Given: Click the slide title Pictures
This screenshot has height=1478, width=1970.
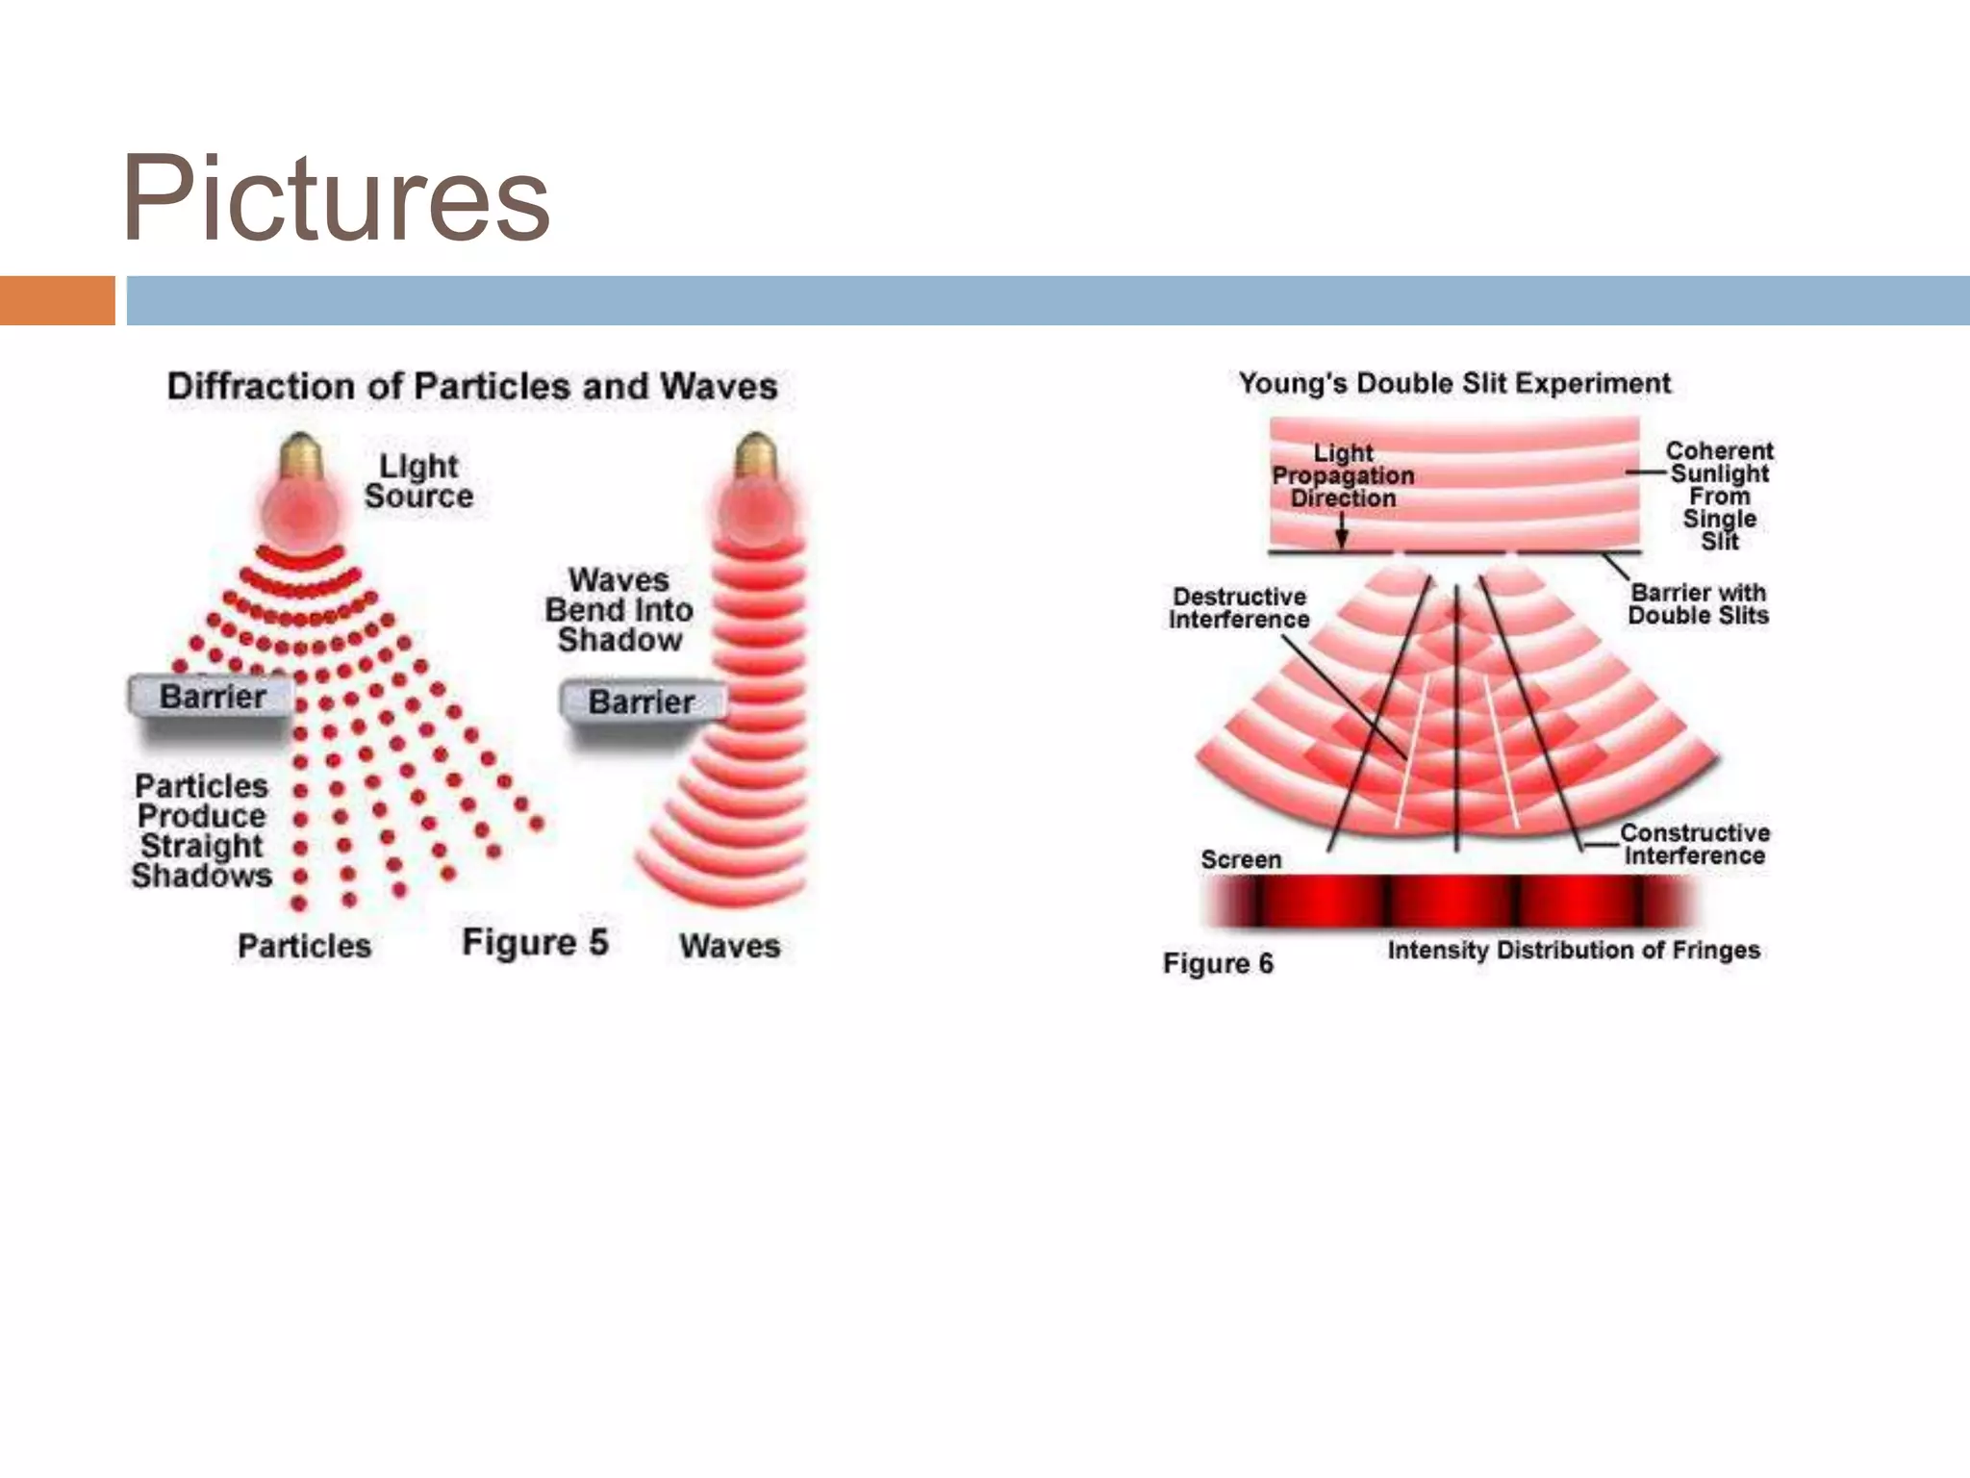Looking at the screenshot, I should point(335,199).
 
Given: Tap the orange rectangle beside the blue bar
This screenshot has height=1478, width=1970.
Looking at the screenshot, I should point(57,300).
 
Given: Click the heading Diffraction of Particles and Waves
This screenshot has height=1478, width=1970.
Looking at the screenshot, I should point(471,386).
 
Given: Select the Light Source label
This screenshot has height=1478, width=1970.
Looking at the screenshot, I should point(419,481).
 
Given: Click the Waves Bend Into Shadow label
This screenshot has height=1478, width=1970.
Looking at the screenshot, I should point(619,610).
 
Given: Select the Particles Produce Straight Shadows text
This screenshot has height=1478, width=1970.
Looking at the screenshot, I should point(202,830).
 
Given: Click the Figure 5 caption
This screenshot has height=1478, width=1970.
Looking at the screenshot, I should point(535,942).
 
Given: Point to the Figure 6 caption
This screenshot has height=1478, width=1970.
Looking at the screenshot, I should point(1218,963).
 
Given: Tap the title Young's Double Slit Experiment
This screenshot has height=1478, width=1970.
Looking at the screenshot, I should point(1454,383).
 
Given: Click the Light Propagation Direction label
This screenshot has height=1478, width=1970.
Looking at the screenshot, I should point(1343,475).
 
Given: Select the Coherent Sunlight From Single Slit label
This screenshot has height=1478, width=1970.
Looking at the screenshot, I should point(1719,495).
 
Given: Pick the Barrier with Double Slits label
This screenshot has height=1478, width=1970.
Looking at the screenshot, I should point(1699,604).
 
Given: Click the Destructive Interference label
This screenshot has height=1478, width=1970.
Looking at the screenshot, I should point(1239,608).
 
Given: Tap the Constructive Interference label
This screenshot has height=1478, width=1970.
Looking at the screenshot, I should point(1695,844).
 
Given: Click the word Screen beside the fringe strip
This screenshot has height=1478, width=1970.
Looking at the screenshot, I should point(1241,859).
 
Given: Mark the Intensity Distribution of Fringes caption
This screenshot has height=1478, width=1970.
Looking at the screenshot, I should point(1574,951).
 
